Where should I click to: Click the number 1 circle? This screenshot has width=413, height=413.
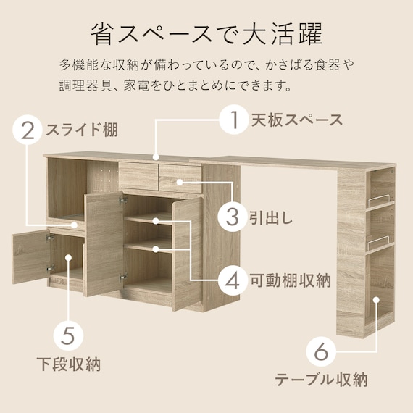tap(234, 120)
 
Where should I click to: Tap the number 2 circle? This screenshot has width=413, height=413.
tap(28, 130)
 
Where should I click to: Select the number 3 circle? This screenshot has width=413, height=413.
tap(232, 217)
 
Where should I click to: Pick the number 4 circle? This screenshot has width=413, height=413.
tap(233, 281)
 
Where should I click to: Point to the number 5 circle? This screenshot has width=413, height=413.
tap(68, 335)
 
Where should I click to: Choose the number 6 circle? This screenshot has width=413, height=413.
tap(321, 351)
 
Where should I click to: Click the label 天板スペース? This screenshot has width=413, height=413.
tap(297, 120)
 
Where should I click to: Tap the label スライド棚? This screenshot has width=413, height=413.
tap(82, 130)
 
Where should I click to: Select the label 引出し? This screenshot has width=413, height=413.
tap(271, 217)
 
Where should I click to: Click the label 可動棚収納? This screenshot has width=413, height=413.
tap(291, 281)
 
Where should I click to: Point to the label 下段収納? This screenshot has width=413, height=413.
tap(69, 364)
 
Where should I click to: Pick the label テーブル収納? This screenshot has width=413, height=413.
tap(321, 380)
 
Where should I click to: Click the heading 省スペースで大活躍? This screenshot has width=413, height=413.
tap(206, 35)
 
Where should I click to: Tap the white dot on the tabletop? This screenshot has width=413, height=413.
tap(156, 157)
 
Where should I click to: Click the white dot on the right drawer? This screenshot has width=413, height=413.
tap(180, 182)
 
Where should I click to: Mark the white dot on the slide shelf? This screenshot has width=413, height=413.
tap(75, 225)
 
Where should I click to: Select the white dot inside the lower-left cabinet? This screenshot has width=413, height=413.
tap(68, 257)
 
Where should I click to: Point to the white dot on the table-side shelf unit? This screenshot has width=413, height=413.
tap(377, 299)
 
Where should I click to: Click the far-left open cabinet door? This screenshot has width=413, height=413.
tap(30, 256)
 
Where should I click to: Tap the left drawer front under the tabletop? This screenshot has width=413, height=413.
tap(138, 176)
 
